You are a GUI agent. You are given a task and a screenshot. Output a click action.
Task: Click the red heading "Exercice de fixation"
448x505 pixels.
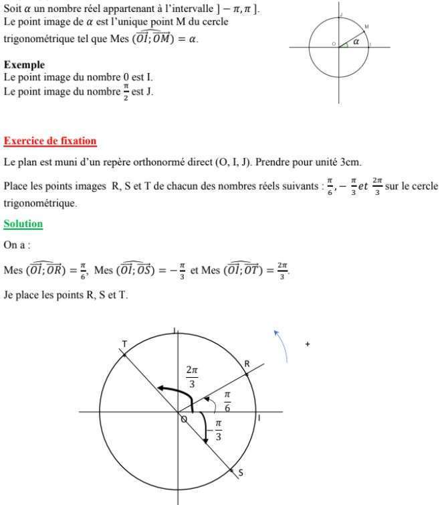coord(50,141)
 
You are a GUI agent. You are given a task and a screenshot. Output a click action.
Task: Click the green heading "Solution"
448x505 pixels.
coord(23,224)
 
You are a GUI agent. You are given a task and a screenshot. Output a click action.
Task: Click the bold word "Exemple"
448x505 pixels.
coord(24,65)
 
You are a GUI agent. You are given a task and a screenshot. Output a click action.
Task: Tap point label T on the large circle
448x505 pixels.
coord(124,344)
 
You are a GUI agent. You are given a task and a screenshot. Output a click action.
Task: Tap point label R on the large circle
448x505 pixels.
coord(247,364)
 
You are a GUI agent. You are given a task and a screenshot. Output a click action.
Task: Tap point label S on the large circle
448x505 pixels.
coord(241,473)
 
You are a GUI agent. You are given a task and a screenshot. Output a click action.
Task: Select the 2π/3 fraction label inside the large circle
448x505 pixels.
coord(193,376)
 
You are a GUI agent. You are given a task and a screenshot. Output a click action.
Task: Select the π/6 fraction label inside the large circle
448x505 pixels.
coord(227,401)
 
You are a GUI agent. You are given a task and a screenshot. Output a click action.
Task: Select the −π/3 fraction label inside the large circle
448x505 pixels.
coord(215,430)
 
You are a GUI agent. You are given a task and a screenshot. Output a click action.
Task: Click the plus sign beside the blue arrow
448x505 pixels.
coord(308,344)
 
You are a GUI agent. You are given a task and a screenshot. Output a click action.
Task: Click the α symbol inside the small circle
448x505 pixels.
coord(356,42)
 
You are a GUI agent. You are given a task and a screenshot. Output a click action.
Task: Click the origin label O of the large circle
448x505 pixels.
coord(184,419)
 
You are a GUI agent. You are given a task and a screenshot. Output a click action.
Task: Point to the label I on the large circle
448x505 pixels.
coord(259,418)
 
